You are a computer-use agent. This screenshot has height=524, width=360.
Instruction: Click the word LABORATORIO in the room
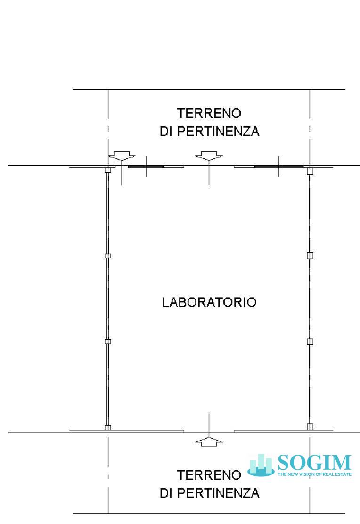coord(209,302)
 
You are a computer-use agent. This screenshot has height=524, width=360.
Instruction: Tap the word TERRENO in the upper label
coord(209,114)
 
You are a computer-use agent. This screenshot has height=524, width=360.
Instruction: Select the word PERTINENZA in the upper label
coord(219,132)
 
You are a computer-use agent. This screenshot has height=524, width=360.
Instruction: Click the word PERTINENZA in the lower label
coord(219,493)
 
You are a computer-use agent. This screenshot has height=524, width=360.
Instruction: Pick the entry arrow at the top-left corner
coord(122,157)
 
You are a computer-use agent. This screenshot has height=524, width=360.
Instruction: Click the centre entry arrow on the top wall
coord(209,157)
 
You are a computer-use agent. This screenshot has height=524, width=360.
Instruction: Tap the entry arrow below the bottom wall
coord(209,441)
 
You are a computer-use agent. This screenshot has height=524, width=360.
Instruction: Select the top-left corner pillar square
coord(107,170)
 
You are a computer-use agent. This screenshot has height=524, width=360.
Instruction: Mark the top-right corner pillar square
coord(310,171)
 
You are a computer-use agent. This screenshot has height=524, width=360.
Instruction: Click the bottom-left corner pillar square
coord(107,427)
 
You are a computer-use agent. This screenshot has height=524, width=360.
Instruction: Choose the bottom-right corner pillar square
coord(310,426)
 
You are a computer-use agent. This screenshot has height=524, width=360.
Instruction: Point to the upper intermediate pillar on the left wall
coord(107,256)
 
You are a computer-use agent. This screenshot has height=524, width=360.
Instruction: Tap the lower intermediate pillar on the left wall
coord(107,341)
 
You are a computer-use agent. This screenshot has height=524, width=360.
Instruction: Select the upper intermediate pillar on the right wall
coord(310,256)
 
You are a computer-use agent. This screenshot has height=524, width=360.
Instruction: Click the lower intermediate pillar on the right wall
coord(310,341)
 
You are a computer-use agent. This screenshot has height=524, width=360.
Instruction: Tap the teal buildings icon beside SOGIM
coord(261,465)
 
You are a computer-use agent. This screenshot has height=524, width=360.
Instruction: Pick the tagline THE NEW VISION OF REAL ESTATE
coord(314,474)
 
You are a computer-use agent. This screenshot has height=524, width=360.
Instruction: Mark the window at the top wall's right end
coord(278,166)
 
